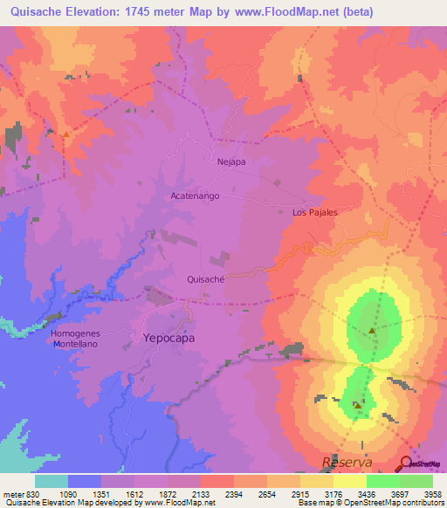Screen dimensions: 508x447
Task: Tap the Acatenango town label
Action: point(195,196)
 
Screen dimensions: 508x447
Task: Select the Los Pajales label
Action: point(314,212)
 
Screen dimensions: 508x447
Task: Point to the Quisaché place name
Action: point(207,279)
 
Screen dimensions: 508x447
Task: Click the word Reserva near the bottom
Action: point(347,461)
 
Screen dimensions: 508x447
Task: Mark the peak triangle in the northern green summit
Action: point(373,331)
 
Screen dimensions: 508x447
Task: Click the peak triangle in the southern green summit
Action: point(358,405)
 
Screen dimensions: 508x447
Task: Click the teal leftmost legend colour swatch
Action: point(52,481)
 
